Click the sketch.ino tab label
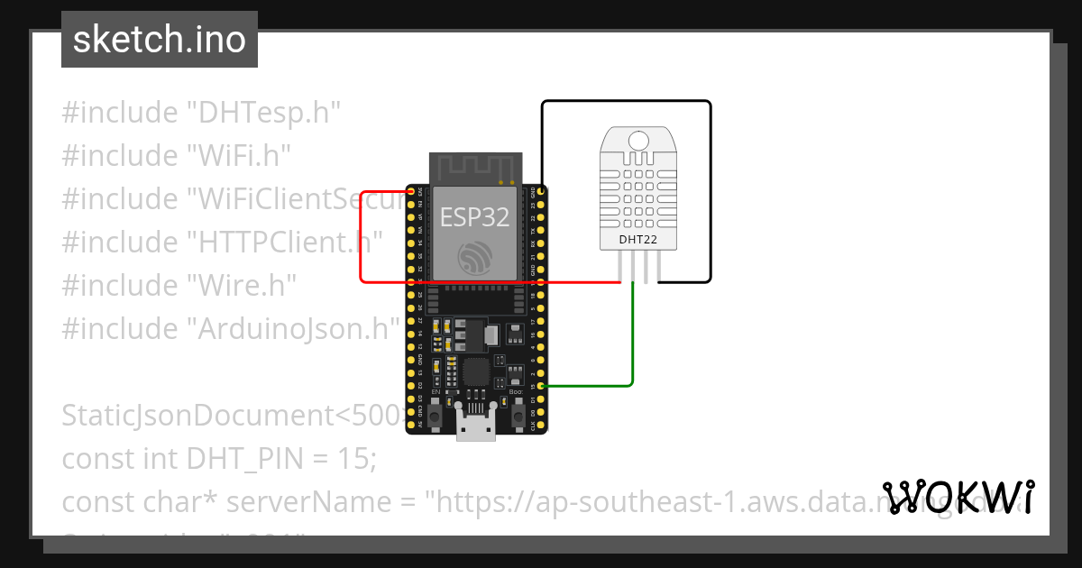[x=159, y=40]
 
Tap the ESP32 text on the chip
[x=474, y=216]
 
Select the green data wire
[x=632, y=343]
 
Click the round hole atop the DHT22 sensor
[x=639, y=140]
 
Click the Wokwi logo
[x=958, y=497]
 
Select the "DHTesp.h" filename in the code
[x=263, y=113]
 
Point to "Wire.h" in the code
[x=242, y=286]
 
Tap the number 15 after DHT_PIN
[x=359, y=459]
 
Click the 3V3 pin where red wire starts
[x=411, y=192]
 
